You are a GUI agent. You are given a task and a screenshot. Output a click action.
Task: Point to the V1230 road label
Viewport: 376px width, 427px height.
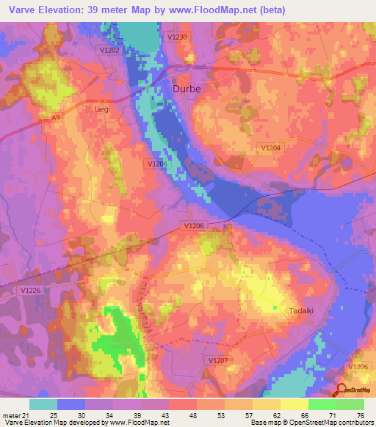(x=178, y=37)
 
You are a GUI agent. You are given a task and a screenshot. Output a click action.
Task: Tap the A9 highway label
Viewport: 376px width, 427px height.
(x=56, y=117)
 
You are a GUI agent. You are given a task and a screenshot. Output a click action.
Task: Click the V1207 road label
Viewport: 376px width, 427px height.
(x=218, y=360)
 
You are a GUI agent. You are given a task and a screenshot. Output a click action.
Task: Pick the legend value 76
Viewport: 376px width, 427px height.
(x=360, y=415)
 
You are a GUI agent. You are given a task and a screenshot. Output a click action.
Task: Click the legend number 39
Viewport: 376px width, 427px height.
(x=137, y=415)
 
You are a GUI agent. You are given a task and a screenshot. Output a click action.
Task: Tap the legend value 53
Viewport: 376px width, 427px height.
(x=220, y=415)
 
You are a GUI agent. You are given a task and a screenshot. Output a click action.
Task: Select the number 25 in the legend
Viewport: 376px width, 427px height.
(x=53, y=415)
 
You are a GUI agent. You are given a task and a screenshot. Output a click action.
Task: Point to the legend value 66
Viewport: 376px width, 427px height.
(x=304, y=415)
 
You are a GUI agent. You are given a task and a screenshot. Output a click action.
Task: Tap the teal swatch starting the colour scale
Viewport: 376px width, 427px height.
(x=43, y=404)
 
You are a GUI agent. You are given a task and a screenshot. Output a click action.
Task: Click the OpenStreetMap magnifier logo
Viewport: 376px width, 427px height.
(x=340, y=390)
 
